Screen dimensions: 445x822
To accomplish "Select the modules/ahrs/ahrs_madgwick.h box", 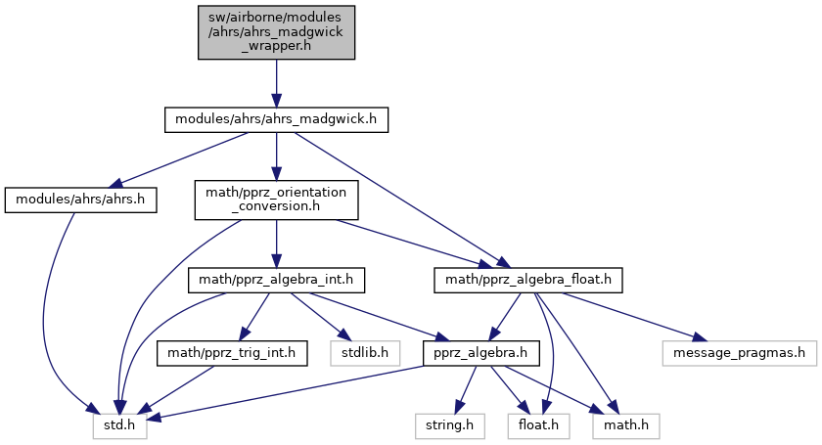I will coord(276,119).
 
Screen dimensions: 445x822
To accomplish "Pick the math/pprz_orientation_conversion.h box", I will coord(276,200).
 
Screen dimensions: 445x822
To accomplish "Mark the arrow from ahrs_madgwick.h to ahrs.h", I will coord(177,157).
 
